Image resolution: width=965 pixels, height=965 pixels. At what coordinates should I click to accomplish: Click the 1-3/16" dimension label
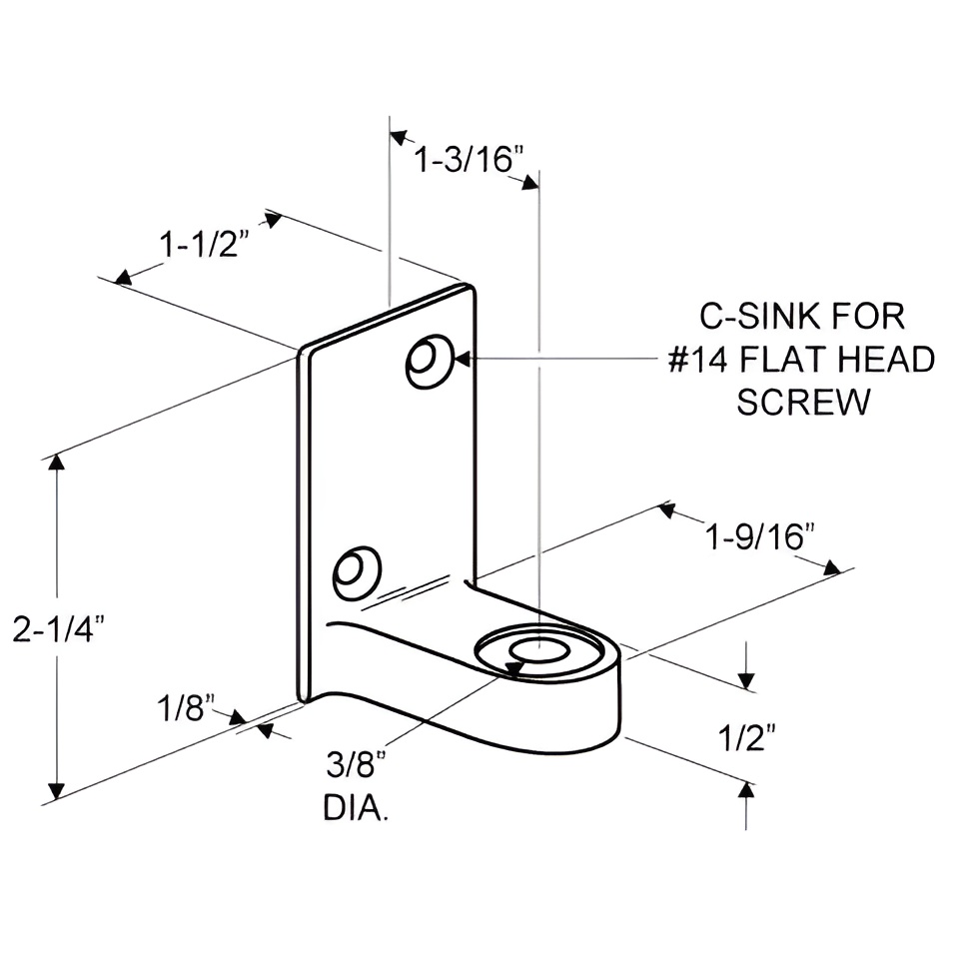tap(469, 159)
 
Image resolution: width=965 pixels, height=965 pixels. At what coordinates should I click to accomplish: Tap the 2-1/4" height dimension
tap(59, 631)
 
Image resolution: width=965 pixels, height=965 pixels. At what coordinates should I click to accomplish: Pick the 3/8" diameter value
tap(355, 767)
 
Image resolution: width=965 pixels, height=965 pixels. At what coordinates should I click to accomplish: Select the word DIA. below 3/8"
tap(356, 807)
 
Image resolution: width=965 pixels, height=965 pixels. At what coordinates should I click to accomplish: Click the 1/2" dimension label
tap(747, 739)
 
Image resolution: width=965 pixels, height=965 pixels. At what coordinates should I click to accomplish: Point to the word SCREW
tap(802, 402)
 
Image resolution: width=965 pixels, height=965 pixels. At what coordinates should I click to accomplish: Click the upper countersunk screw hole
tap(430, 361)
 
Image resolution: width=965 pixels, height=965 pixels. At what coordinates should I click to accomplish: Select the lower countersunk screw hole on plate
tap(356, 572)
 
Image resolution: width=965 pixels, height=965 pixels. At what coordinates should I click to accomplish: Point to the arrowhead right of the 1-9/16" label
tap(831, 566)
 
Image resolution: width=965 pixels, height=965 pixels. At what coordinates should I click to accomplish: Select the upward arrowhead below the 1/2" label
tap(746, 790)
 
